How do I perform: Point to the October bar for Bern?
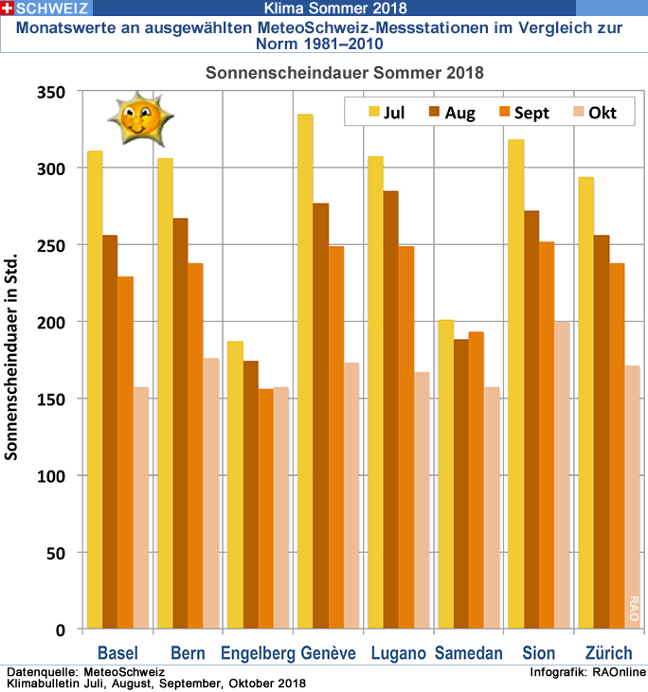click(210, 493)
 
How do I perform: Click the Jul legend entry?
click(384, 113)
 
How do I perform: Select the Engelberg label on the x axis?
click(258, 653)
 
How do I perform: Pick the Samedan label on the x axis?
click(469, 653)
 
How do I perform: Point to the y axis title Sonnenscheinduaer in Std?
click(12, 360)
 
